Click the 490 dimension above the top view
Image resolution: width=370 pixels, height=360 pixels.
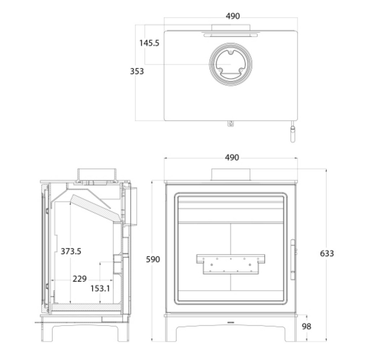click(x=233, y=16)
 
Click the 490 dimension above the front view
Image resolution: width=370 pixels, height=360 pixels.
click(x=232, y=157)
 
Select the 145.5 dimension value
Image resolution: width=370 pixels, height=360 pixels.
click(x=149, y=43)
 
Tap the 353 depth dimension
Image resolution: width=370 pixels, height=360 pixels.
click(x=137, y=71)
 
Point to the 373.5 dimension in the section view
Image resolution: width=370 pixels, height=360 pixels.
click(x=71, y=251)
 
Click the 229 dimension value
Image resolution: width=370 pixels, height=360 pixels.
click(x=79, y=279)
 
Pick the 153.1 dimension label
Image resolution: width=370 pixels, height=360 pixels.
click(x=100, y=289)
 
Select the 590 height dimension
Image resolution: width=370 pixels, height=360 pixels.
click(x=153, y=259)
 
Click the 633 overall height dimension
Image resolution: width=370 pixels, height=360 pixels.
click(x=327, y=253)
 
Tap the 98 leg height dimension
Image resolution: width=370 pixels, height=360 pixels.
click(x=306, y=326)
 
